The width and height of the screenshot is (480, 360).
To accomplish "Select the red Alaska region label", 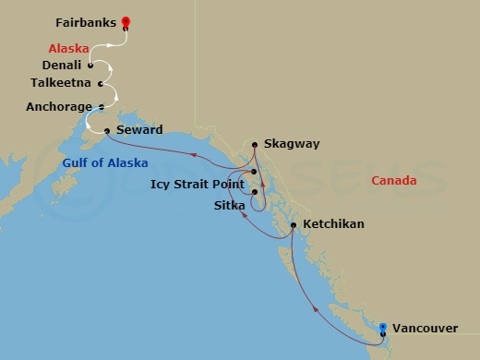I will click(70, 46).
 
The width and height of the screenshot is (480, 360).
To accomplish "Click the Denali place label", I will click(62, 66).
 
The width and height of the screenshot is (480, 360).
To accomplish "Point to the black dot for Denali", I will click(90, 66).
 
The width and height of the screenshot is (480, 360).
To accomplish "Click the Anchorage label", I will click(60, 106).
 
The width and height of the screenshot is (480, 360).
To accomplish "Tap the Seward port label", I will click(139, 130).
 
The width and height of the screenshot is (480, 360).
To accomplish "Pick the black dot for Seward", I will click(108, 130).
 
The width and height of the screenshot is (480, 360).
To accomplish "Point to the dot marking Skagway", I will click(254, 144).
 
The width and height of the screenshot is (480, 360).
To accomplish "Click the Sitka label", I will click(229, 204).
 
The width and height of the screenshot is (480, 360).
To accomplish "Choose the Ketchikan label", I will click(332, 224).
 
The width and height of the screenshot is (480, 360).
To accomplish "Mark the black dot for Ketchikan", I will click(294, 224).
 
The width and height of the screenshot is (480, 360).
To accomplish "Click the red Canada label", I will click(394, 180).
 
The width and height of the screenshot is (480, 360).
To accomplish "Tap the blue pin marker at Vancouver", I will click(384, 326).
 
